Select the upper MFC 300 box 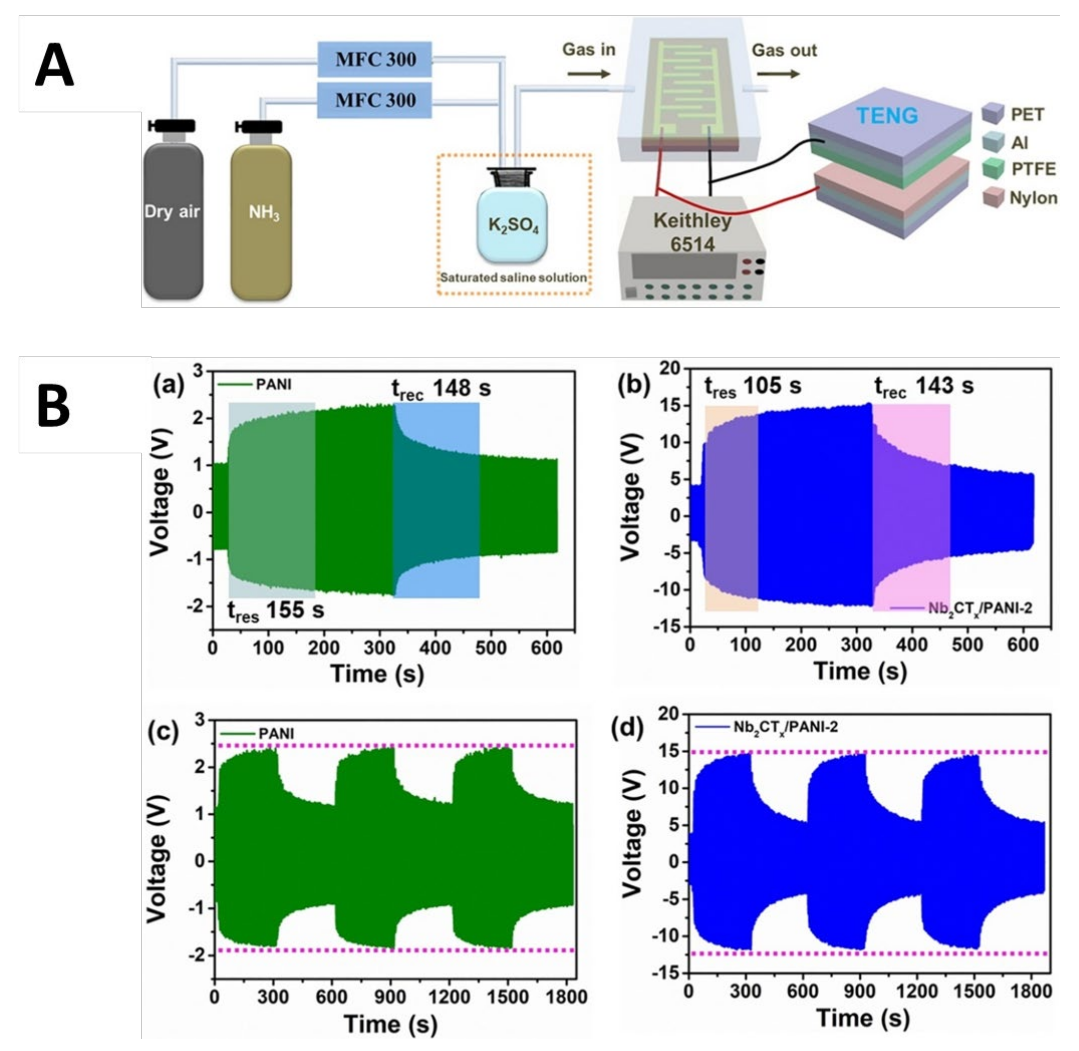[375, 59]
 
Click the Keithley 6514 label [692, 232]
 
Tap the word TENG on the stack [887, 115]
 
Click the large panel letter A [54, 66]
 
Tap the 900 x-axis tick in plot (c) [390, 996]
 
